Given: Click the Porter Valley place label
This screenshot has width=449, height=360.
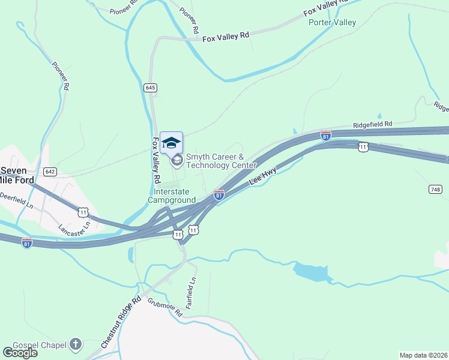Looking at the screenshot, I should click(332, 23).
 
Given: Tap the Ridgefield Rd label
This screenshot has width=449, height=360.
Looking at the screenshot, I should click(372, 124).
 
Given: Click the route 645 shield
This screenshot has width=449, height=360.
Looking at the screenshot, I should click(150, 88).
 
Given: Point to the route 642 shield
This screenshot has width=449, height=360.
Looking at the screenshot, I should click(50, 172).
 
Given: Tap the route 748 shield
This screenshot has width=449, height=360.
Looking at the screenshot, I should click(435, 189).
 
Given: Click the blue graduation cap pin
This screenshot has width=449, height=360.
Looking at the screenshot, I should click(172, 142).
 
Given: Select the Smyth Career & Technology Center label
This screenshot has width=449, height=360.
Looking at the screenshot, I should click(221, 161).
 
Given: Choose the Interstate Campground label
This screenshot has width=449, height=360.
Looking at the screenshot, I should click(172, 196).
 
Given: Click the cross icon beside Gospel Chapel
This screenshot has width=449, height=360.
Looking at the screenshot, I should click(75, 344).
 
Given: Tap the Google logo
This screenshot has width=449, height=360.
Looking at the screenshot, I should click(20, 352).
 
